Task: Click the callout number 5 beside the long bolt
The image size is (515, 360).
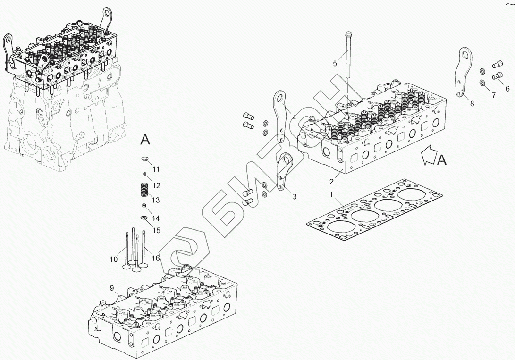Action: [335, 63]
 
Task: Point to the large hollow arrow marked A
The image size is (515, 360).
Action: [428, 156]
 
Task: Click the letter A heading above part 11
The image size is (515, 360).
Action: [145, 139]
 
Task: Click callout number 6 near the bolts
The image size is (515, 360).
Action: [507, 88]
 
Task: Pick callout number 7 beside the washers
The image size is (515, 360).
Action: [494, 96]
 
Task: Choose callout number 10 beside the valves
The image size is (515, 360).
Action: [114, 259]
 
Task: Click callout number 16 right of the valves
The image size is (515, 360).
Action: [156, 259]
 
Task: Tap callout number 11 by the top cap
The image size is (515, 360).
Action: [156, 169]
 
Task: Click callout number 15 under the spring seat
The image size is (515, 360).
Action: [156, 230]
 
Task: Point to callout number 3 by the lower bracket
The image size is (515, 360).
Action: [295, 197]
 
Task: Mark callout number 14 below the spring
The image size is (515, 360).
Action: [156, 218]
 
